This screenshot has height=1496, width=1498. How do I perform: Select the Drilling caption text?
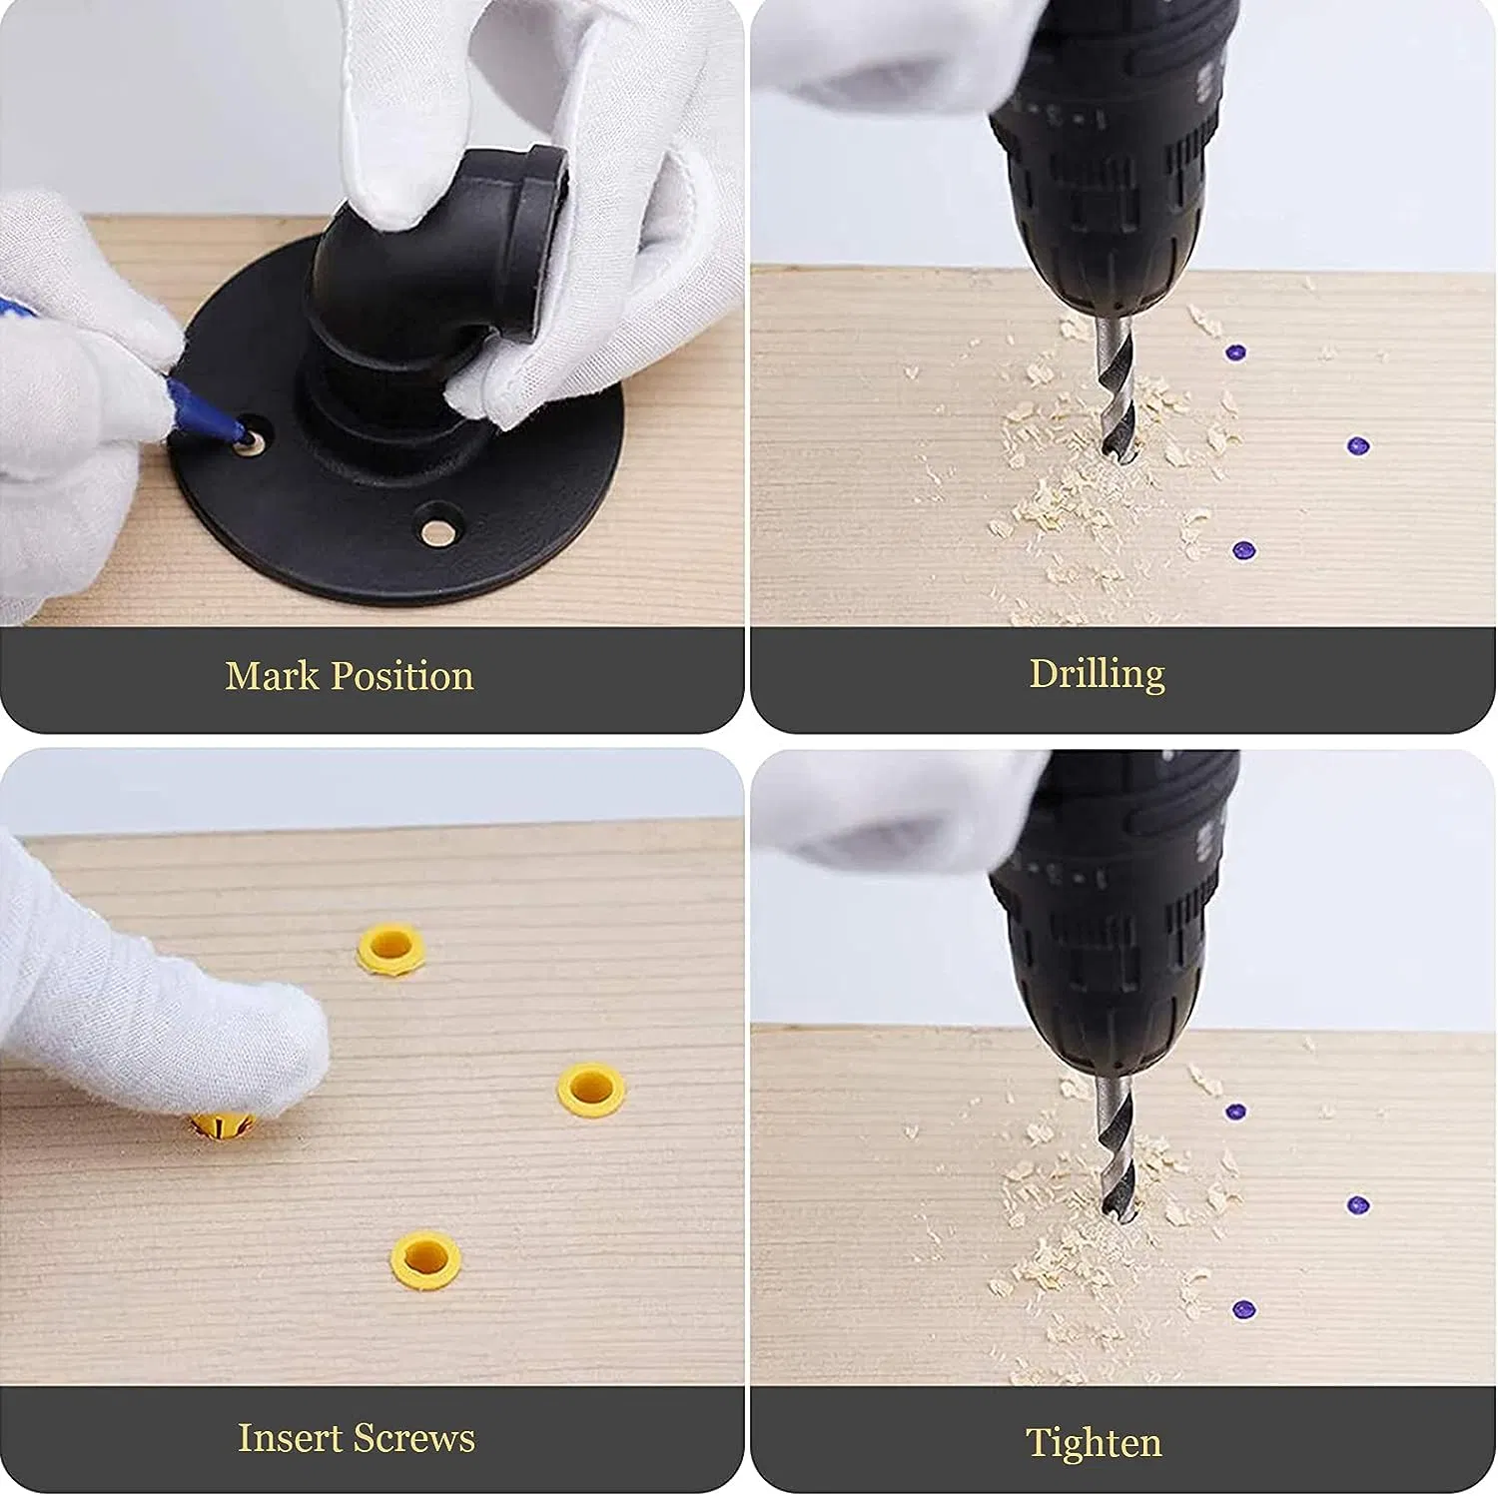[x=1097, y=675]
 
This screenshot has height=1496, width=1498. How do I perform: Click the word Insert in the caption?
[x=290, y=1438]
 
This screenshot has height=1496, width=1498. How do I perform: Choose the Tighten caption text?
[x=1094, y=1444]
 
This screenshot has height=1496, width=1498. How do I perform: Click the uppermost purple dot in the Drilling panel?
[x=1236, y=353]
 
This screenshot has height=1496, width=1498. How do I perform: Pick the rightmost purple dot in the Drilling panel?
[x=1356, y=445]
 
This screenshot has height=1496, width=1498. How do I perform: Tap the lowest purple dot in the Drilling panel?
[x=1242, y=549]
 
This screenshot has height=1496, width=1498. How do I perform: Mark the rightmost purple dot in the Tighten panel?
[x=1356, y=1204]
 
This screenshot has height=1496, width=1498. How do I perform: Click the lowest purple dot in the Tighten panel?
[x=1242, y=1308]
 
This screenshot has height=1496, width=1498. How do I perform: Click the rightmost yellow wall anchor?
[x=591, y=1089]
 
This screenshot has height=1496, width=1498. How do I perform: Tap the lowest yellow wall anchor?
[x=426, y=1257]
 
